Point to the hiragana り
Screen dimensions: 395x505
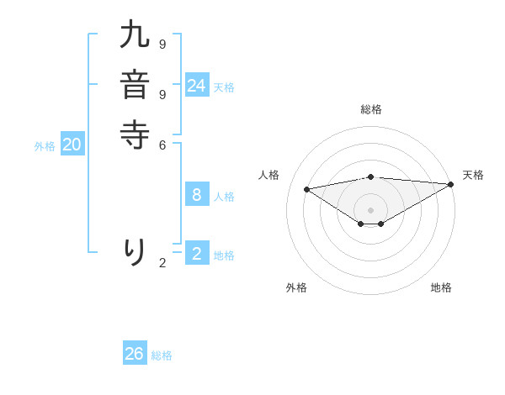(x=135, y=252)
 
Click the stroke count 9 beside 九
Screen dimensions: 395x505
(x=162, y=44)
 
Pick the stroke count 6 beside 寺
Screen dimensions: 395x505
(x=162, y=145)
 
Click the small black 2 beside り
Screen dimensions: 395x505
(x=162, y=263)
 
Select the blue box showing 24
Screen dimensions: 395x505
(x=197, y=85)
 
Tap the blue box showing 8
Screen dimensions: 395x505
(x=197, y=195)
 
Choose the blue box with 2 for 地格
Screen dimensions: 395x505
(x=197, y=252)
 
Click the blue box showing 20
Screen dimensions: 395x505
(x=72, y=145)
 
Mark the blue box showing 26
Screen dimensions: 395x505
(x=135, y=354)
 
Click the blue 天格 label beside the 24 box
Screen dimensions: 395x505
(x=224, y=87)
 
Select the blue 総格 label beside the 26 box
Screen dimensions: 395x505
(x=162, y=355)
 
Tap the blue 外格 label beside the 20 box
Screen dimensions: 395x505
(x=45, y=146)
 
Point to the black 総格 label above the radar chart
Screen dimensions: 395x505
(x=371, y=109)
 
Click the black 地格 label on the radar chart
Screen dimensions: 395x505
(x=441, y=287)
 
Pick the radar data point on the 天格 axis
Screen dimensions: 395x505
(x=451, y=184)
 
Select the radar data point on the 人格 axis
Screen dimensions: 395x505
(x=306, y=189)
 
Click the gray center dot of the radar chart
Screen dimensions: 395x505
(x=371, y=209)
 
